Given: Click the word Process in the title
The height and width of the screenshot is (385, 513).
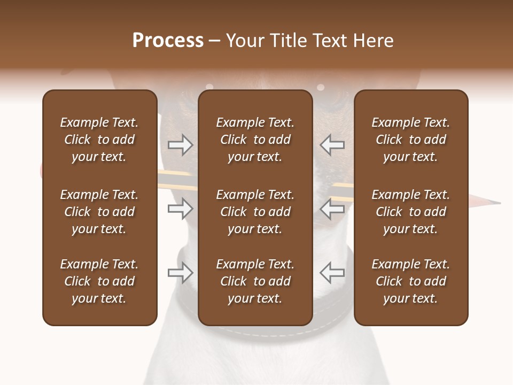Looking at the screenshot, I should [x=168, y=41].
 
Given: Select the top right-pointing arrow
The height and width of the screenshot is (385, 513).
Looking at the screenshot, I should [x=180, y=144].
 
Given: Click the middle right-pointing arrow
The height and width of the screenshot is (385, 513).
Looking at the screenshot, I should [x=180, y=208].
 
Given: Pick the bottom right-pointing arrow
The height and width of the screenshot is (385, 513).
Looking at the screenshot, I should [x=180, y=272].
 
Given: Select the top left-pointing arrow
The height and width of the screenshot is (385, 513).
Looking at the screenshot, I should [x=332, y=144].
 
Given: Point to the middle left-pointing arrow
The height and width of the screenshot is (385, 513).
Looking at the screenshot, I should [x=332, y=208].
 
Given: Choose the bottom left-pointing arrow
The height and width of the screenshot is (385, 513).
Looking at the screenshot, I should [x=332, y=272].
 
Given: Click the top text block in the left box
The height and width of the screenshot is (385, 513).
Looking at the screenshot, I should [x=99, y=140].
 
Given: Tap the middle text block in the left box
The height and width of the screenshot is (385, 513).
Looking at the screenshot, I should [x=99, y=212].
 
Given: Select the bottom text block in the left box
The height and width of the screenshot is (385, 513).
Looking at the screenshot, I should [x=99, y=281].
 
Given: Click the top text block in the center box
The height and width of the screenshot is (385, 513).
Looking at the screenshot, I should [x=255, y=140].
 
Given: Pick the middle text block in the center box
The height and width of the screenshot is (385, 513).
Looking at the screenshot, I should [x=255, y=212].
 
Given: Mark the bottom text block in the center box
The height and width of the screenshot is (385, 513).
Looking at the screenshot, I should [x=255, y=281].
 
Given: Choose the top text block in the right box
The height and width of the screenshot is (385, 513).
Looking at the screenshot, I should [x=411, y=140].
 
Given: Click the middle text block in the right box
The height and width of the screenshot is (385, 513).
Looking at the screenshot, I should [x=411, y=212].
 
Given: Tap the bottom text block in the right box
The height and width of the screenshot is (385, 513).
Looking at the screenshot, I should [x=411, y=281].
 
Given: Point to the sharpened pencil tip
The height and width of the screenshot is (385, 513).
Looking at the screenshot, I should [x=497, y=203].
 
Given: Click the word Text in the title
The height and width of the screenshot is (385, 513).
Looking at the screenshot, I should [x=331, y=41].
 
